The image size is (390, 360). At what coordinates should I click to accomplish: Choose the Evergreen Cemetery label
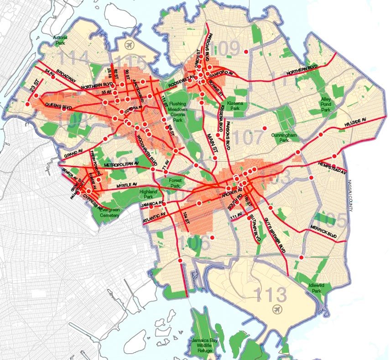pos(109,213)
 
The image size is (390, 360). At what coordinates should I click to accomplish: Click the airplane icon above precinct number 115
pos(129,45)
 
